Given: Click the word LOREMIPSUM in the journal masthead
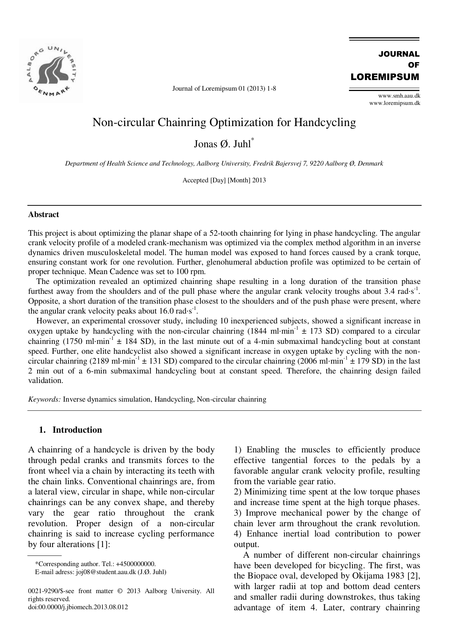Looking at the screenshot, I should click(385, 77).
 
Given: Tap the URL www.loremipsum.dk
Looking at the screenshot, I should click(395, 103).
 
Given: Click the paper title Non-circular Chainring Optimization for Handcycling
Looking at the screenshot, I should click(224, 122).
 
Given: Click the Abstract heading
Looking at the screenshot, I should click(43, 215).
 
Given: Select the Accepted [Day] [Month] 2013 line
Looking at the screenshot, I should click(224, 180).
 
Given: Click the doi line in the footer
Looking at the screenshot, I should click(78, 607).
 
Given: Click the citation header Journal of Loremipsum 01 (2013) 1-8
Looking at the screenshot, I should click(224, 88).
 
